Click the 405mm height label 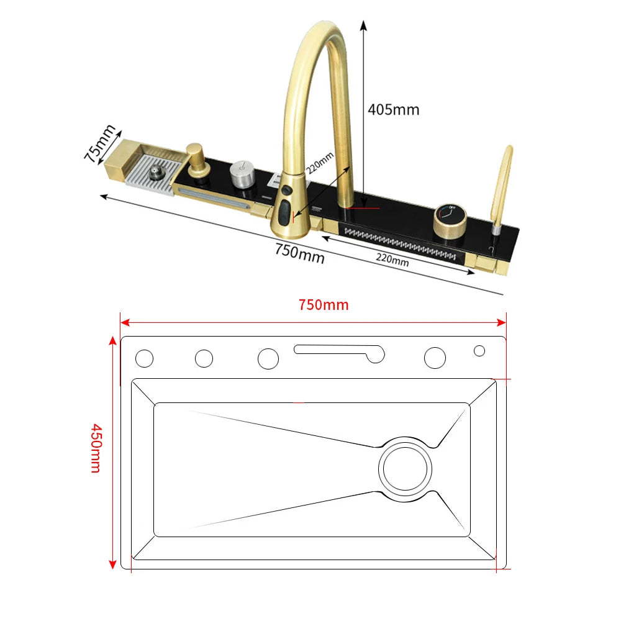pyautogui.click(x=393, y=110)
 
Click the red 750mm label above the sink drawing pyautogui.click(x=323, y=305)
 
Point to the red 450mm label pyautogui.click(x=95, y=448)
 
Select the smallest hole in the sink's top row pyautogui.click(x=479, y=351)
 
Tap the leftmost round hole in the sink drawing pyautogui.click(x=144, y=358)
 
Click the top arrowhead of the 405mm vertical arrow pyautogui.click(x=363, y=25)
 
